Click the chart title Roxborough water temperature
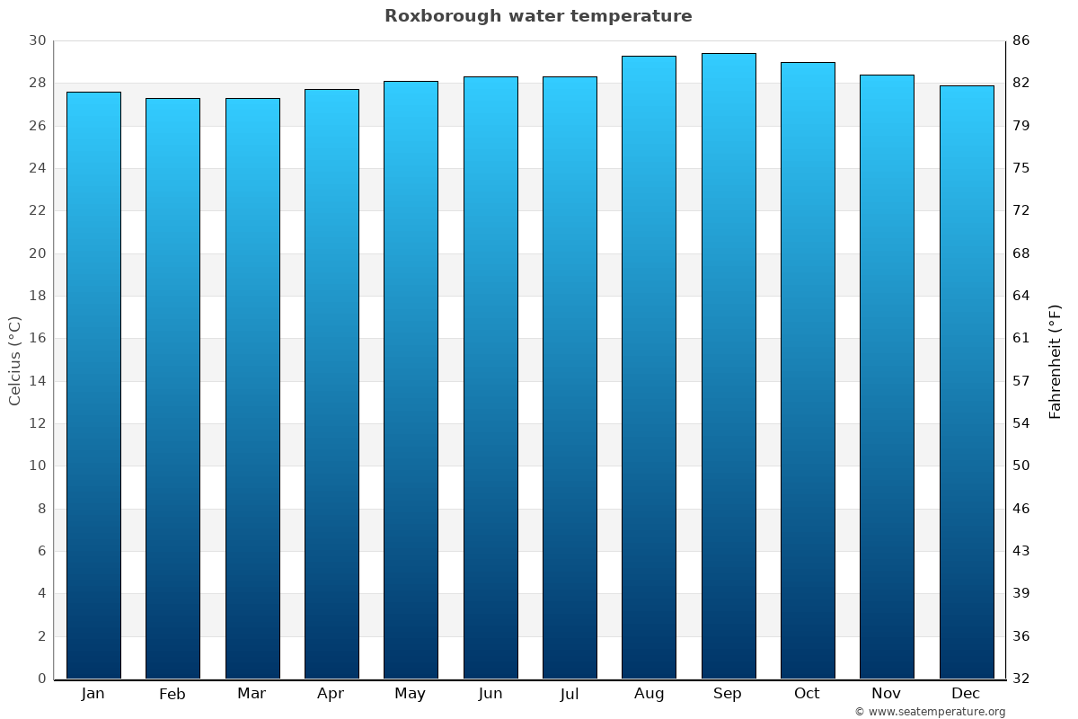click(x=538, y=16)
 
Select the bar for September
click(x=728, y=366)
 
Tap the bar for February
click(x=172, y=388)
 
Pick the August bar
click(x=649, y=367)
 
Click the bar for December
click(x=966, y=382)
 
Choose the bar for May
click(x=411, y=379)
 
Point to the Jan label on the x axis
click(x=93, y=694)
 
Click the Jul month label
click(x=569, y=694)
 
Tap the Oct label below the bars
click(x=807, y=694)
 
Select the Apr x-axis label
click(x=331, y=694)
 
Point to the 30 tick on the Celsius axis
click(x=37, y=40)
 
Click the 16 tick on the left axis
click(x=37, y=339)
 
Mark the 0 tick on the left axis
click(x=41, y=679)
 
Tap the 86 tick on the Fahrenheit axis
click(x=1021, y=40)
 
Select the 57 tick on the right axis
click(x=1021, y=381)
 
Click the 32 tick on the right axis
click(x=1021, y=679)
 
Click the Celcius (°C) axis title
click(x=14, y=359)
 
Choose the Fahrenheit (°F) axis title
click(x=1056, y=361)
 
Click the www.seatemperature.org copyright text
click(x=929, y=712)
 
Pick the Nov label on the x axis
click(x=886, y=694)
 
